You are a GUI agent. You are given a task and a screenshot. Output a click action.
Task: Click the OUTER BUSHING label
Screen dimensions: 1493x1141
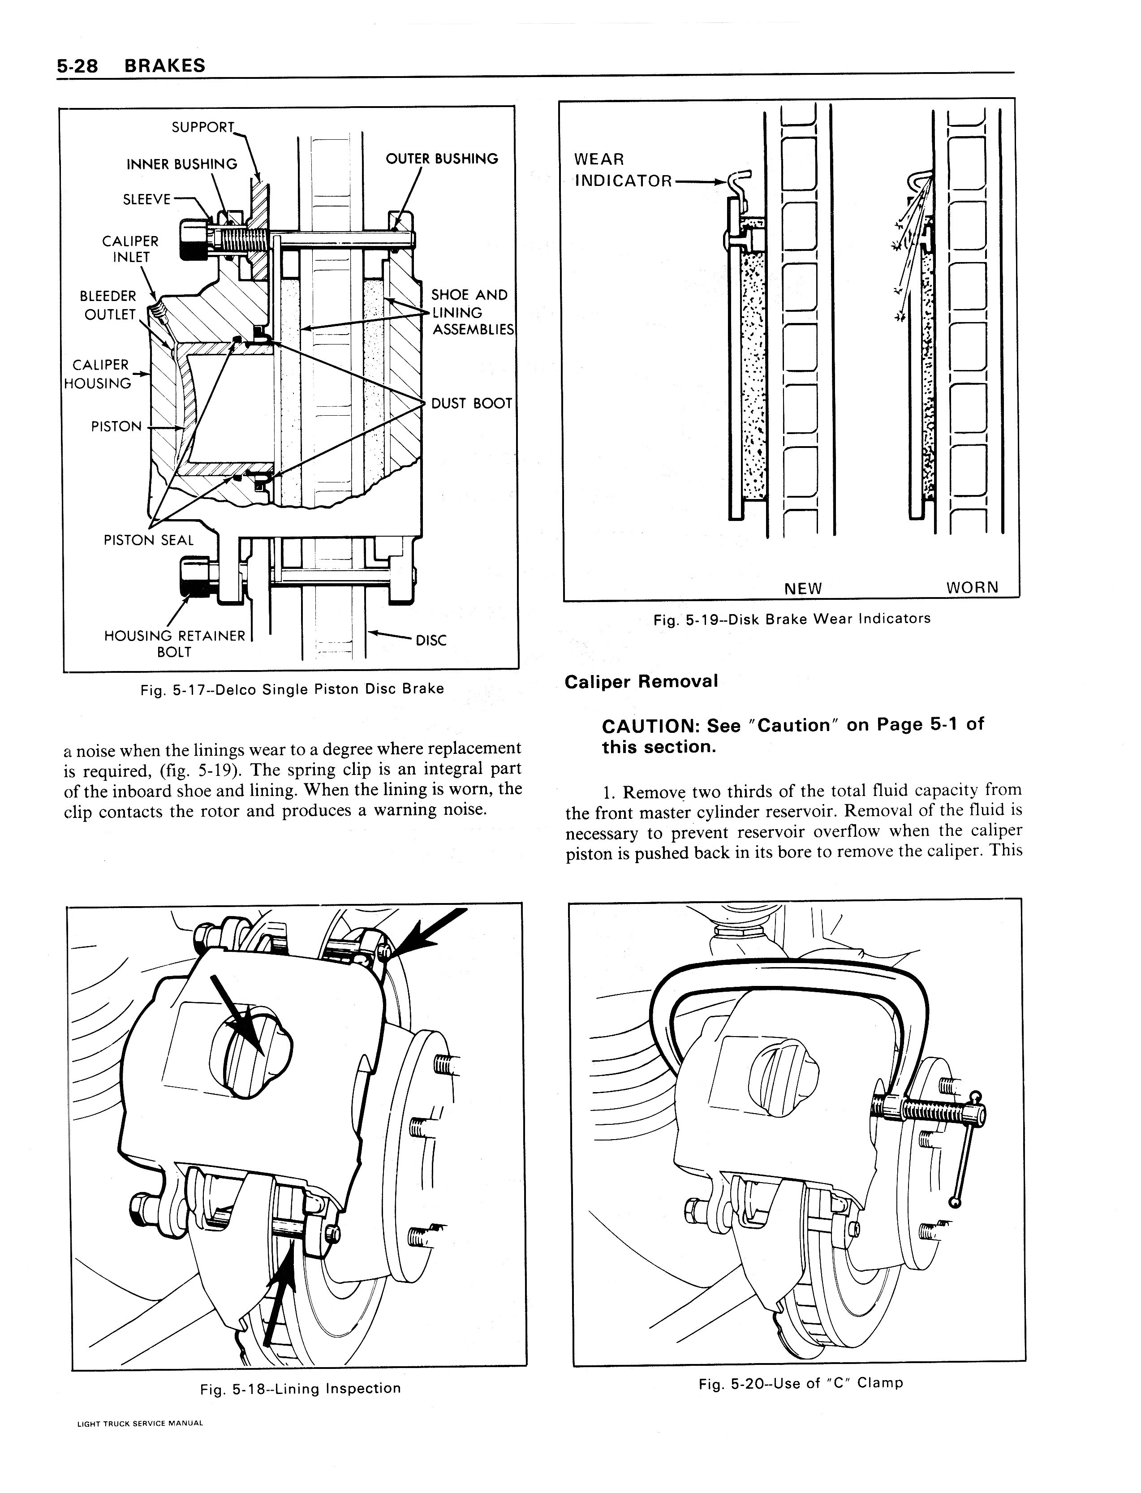coord(441,159)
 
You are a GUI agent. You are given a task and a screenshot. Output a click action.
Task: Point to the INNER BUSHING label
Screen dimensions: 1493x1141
coord(182,164)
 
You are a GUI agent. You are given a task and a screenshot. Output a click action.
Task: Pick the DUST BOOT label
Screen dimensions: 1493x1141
coord(471,403)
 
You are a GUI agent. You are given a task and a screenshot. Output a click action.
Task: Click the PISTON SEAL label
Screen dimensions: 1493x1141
coord(149,540)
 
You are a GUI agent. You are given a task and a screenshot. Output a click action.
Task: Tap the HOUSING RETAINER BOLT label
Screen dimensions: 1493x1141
coord(175,644)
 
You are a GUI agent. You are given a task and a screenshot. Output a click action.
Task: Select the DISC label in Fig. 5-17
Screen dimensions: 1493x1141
coord(431,640)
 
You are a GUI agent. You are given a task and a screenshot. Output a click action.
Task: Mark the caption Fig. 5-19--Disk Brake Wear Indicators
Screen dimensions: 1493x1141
coord(792,619)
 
